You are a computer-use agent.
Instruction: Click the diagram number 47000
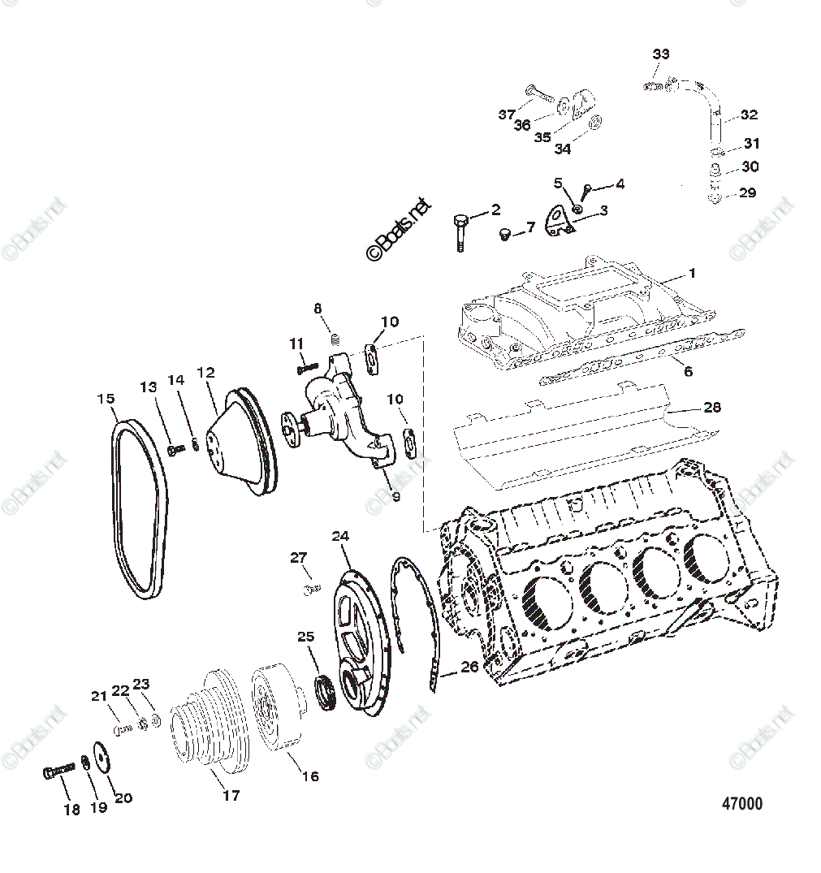coord(742,804)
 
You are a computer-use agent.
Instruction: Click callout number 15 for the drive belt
coord(106,399)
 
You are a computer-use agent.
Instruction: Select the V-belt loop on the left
coord(140,512)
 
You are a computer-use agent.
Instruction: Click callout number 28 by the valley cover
coord(712,407)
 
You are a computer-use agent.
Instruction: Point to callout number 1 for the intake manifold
coord(692,273)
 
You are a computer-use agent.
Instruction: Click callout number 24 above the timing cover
coord(340,536)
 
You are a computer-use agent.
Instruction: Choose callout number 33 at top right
coord(661,54)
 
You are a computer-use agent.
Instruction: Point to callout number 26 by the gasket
coord(469,668)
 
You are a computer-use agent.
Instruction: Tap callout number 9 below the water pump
coord(395,496)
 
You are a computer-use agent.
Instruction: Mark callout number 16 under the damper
coord(310,776)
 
